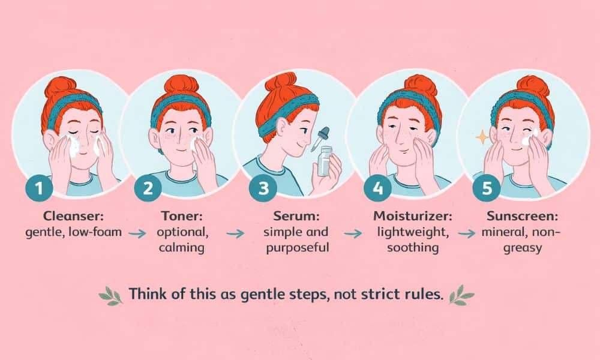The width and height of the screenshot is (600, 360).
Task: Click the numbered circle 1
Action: pos(39,187)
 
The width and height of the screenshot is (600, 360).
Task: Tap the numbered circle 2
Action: pos(148,187)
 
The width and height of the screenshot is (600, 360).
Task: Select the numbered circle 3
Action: pos(263,188)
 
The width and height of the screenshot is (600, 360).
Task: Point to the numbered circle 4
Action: pos(377,187)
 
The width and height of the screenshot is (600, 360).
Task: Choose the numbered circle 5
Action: pos(487,187)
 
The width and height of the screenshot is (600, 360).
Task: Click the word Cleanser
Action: pos(73,216)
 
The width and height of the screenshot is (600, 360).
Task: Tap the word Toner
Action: pos(181,216)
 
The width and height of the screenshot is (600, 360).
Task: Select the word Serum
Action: pos(296,216)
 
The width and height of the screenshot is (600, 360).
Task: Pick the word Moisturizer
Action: pos(413,216)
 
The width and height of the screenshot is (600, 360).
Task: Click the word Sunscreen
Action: pos(523,216)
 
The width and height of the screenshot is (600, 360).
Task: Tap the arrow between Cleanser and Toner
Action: pos(137,233)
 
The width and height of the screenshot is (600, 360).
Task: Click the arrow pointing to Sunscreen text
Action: pos(466,233)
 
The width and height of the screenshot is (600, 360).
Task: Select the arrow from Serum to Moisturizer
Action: pos(352,233)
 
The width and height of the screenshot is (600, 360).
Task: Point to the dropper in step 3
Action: pos(320,139)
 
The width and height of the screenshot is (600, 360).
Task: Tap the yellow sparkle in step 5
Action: pos(482,137)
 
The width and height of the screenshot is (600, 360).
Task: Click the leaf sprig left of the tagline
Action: pos(110,296)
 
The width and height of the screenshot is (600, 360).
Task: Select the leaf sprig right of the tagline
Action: pos(461,295)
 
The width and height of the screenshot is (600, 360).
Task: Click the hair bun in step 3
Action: pos(281,80)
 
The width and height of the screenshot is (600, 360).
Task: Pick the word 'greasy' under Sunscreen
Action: pos(523,248)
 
